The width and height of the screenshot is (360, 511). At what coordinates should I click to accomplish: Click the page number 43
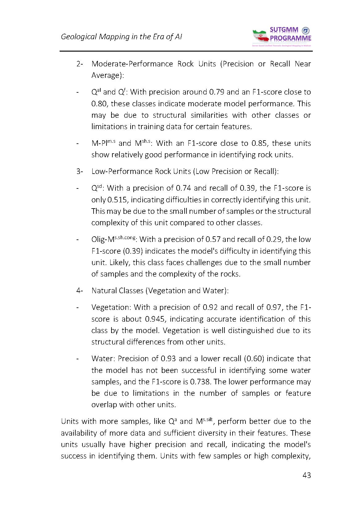coord(307,475)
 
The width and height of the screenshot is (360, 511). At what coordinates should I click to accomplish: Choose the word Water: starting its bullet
coord(103,359)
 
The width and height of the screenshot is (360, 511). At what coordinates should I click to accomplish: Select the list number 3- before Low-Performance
coord(80,171)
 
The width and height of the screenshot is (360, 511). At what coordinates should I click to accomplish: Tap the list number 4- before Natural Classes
coord(80,291)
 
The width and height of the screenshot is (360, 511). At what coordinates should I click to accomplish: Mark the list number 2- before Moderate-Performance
coord(80,64)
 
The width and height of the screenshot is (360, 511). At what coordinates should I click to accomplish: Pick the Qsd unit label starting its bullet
coord(97,188)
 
